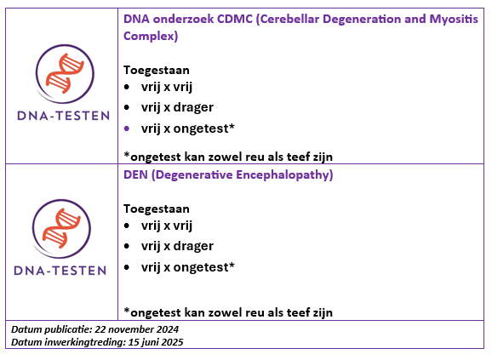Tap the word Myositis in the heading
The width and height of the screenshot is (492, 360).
[x=454, y=20]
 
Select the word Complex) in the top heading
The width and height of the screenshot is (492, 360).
[x=151, y=36]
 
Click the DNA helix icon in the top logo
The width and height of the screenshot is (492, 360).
[x=65, y=73]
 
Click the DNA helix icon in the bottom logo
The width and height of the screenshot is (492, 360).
[x=61, y=228]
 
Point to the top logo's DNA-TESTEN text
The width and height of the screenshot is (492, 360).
[x=63, y=116]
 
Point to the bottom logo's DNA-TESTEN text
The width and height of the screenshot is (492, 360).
[x=60, y=271]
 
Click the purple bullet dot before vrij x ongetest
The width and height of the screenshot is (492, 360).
[x=127, y=129]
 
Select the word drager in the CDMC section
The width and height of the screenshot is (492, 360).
[x=193, y=107]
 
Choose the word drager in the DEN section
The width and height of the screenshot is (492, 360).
[x=193, y=246]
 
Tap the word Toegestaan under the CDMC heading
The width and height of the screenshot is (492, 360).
[x=157, y=71]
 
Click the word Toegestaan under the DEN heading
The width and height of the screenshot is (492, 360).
[x=157, y=209]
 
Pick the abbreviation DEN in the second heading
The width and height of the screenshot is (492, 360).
[x=135, y=174]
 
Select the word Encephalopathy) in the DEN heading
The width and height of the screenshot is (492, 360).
[x=284, y=175]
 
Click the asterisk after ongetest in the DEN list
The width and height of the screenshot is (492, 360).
[x=232, y=265]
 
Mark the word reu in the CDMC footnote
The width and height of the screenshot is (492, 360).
[x=255, y=157]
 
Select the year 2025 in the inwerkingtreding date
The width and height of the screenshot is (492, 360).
[x=172, y=342]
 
